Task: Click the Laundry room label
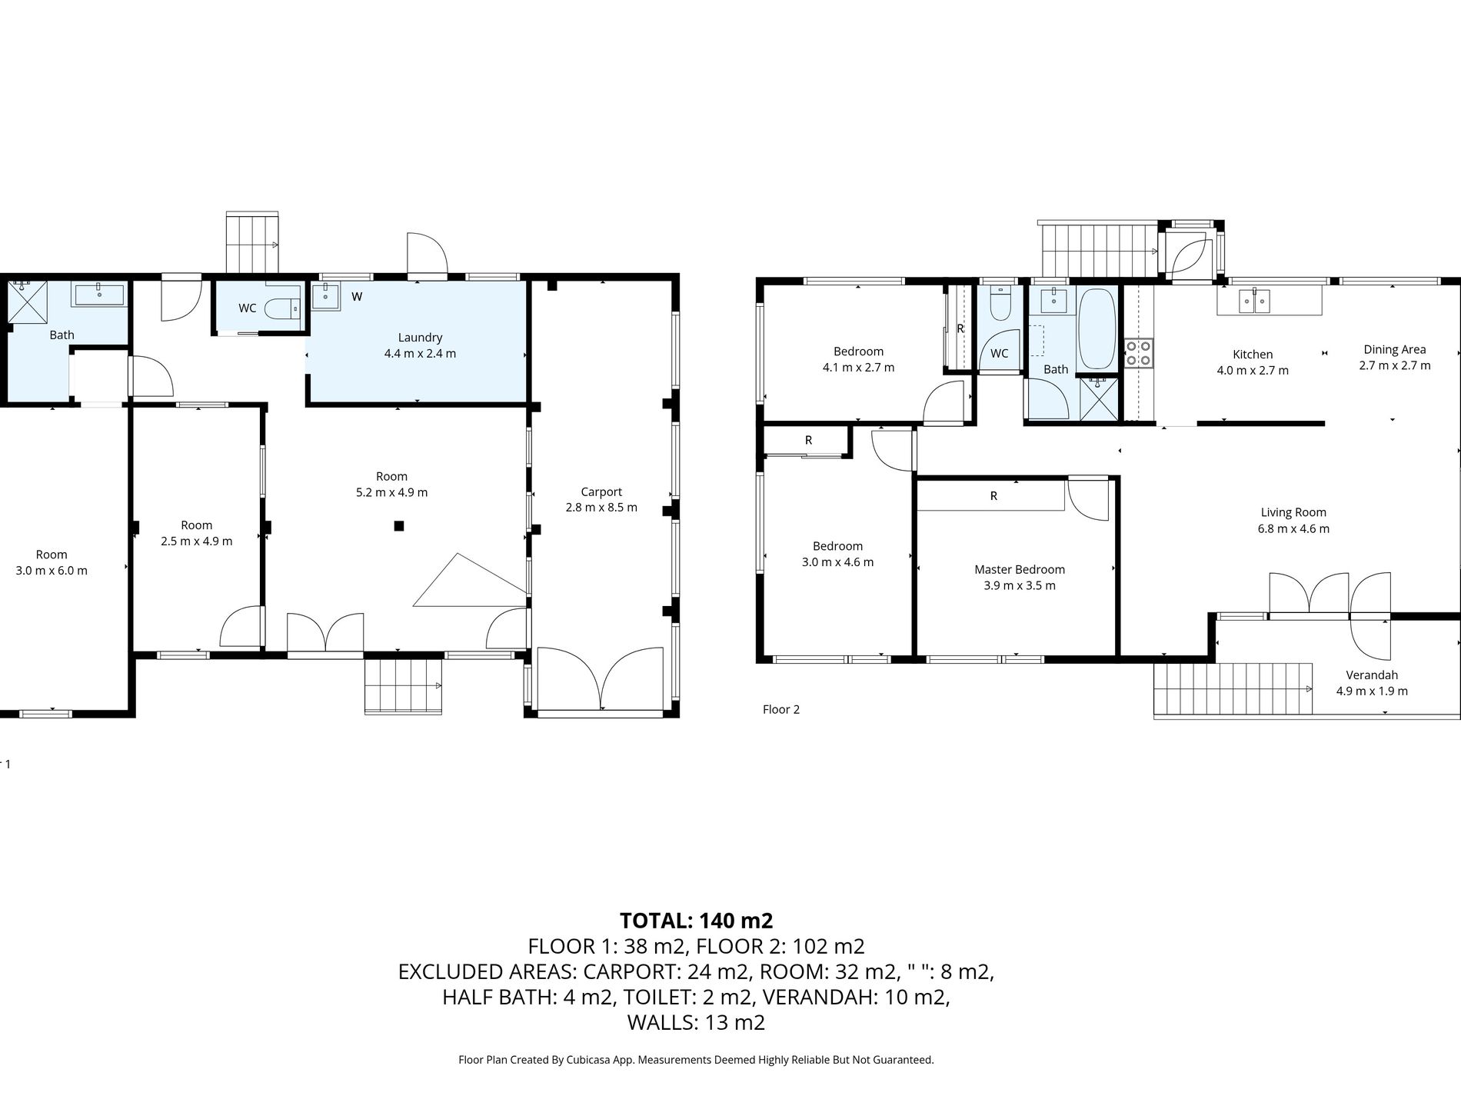420,338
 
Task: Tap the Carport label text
601,492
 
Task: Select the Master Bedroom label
1020,570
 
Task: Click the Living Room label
1293,512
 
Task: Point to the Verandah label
1372,675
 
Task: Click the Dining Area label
1395,349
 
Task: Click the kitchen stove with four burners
1139,353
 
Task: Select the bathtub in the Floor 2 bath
1097,328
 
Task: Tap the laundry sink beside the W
326,296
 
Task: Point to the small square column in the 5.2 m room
398,526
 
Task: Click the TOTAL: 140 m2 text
696,920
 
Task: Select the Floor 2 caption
781,709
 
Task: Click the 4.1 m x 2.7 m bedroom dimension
858,368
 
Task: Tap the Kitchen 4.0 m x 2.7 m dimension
1253,370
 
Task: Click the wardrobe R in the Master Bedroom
993,496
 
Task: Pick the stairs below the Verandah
1233,689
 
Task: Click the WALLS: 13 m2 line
696,1022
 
